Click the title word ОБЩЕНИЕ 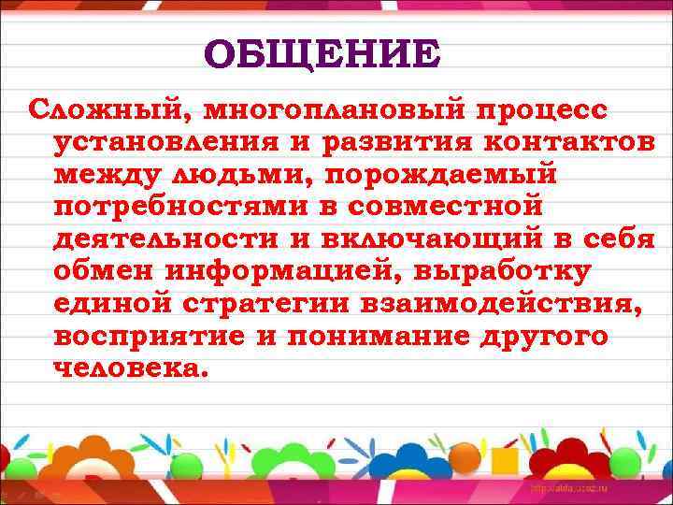321,54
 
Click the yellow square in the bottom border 505,461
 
